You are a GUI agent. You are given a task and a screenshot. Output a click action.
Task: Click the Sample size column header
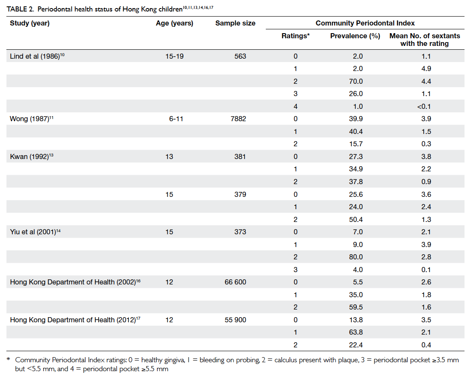tap(235, 23)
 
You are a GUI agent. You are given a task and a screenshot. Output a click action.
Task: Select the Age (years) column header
tap(175, 23)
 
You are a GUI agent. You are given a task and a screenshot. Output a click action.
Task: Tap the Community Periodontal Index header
tap(365, 23)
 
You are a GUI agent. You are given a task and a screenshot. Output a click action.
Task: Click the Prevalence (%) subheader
tap(355, 36)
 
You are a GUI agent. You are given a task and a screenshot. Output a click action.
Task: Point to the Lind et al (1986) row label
tap(37, 56)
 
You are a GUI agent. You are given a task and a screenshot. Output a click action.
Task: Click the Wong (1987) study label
tap(32, 119)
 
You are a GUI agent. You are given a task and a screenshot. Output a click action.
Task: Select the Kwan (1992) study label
tap(32, 156)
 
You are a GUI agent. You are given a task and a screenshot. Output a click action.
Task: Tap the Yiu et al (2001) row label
tap(35, 232)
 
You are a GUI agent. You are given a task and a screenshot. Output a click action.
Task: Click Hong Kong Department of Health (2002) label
tap(76, 282)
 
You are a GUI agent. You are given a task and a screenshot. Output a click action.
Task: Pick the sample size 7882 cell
tap(238, 119)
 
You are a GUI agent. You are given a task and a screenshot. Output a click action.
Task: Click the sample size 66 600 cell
tap(235, 282)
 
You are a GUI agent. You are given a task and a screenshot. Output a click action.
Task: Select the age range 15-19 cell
tap(175, 56)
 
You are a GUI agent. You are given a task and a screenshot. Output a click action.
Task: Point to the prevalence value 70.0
tap(356, 81)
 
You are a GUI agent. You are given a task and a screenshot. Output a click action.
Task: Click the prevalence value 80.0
tap(356, 257)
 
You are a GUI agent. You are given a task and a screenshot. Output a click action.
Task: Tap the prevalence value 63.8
tap(356, 332)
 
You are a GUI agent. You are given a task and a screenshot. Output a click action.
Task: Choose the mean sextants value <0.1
tap(424, 106)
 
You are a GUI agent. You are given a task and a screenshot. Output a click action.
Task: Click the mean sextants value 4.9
tap(426, 68)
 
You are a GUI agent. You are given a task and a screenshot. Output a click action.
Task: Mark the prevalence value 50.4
tap(356, 219)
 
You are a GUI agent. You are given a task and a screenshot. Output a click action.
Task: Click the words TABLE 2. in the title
tap(20, 9)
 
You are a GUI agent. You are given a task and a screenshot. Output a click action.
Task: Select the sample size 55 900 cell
tap(235, 320)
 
